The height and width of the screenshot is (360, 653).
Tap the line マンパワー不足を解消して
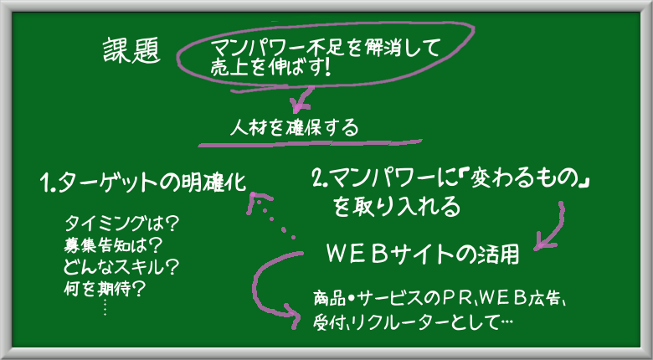pyautogui.click(x=326, y=49)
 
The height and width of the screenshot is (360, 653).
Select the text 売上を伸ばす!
pyautogui.click(x=270, y=69)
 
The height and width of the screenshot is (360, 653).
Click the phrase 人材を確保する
pyautogui.click(x=294, y=128)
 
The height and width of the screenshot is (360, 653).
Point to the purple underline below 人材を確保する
pyautogui.click(x=311, y=143)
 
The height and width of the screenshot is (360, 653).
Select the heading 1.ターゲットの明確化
pyautogui.click(x=143, y=183)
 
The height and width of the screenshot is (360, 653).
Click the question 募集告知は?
pyautogui.click(x=112, y=246)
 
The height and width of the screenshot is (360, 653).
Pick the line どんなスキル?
pyautogui.click(x=121, y=267)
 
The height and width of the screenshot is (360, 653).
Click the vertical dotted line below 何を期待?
pyautogui.click(x=105, y=306)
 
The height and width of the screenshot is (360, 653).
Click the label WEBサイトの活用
pyautogui.click(x=424, y=255)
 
